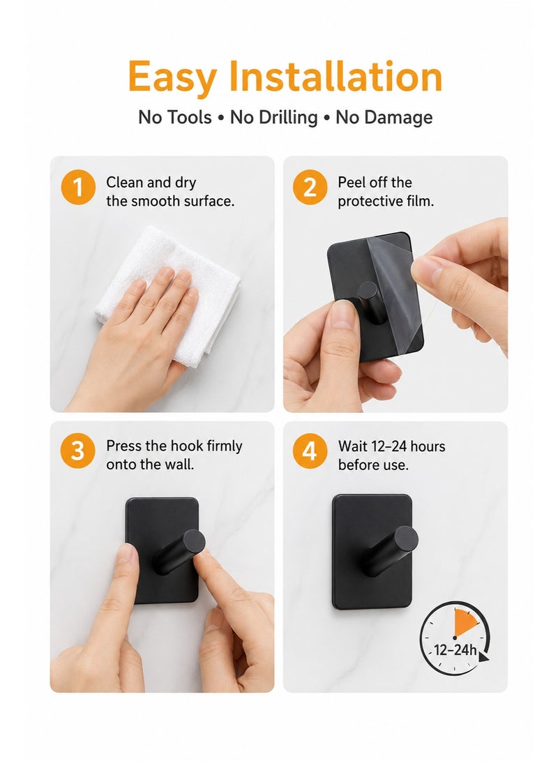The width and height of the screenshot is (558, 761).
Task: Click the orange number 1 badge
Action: (x=77, y=188)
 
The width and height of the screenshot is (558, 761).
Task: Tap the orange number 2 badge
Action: (x=310, y=188)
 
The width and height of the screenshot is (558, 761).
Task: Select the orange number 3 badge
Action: (x=77, y=451)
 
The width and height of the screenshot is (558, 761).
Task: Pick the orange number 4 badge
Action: (x=310, y=451)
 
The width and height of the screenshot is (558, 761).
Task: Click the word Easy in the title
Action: (x=172, y=77)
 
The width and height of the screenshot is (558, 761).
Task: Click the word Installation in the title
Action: (x=335, y=76)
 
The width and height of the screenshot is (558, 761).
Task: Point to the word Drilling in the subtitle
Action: (x=273, y=117)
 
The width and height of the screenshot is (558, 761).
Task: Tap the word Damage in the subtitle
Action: (x=384, y=117)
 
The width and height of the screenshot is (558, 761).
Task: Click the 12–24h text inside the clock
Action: (x=455, y=650)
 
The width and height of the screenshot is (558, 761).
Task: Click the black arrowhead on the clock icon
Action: (x=484, y=656)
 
